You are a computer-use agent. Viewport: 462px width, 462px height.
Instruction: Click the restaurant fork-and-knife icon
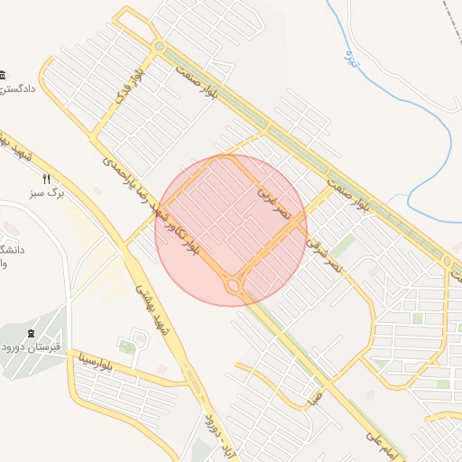coord(46,179)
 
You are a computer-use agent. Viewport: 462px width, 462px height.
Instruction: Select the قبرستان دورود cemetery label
coord(32,346)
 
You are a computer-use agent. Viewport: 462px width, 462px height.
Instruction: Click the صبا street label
coord(315,395)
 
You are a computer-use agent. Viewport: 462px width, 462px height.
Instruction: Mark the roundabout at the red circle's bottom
coord(234,286)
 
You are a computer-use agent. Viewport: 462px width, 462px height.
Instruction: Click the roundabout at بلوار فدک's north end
coord(159,46)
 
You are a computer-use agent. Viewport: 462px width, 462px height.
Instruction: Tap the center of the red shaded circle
coord(231,230)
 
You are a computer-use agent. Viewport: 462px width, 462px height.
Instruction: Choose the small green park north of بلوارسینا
coord(127,346)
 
